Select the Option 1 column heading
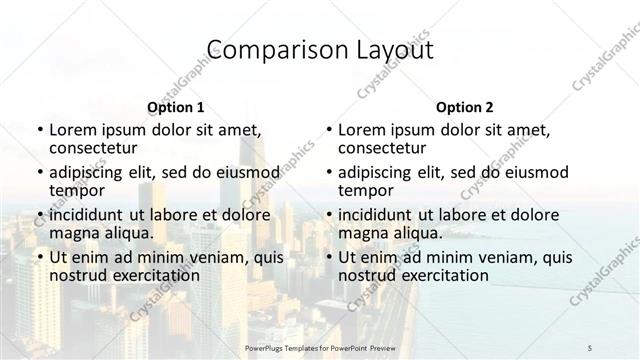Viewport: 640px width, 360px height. (x=175, y=107)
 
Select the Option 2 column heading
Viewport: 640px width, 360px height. (x=465, y=107)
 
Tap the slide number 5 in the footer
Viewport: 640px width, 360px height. (x=590, y=347)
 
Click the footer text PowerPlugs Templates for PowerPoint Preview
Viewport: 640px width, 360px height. (x=320, y=347)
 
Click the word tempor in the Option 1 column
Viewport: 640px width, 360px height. (x=74, y=190)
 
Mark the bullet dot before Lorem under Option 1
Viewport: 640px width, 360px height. (x=39, y=130)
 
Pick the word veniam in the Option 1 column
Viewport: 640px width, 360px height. (x=205, y=257)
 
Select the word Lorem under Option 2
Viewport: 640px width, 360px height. (x=361, y=130)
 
